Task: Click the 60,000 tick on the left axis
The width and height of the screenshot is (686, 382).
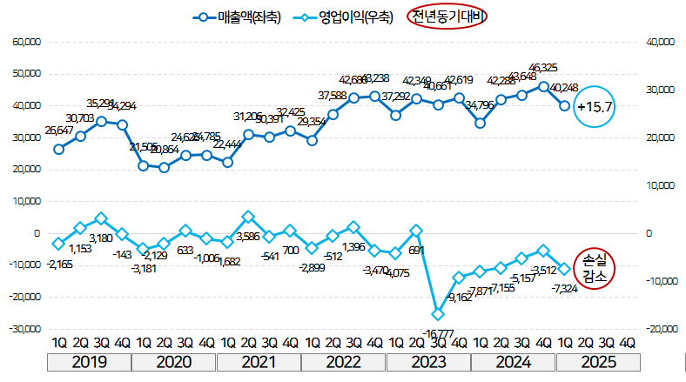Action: (x=25, y=42)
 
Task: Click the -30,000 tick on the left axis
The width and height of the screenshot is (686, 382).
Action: (x=25, y=329)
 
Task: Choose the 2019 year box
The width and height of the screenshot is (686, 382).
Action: (x=91, y=362)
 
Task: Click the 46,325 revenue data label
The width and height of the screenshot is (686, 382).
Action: (x=542, y=68)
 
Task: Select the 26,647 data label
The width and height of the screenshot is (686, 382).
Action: (x=58, y=131)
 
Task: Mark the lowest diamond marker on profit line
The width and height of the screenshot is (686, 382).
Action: (x=438, y=314)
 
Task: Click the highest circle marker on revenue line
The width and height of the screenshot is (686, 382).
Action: (x=543, y=86)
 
